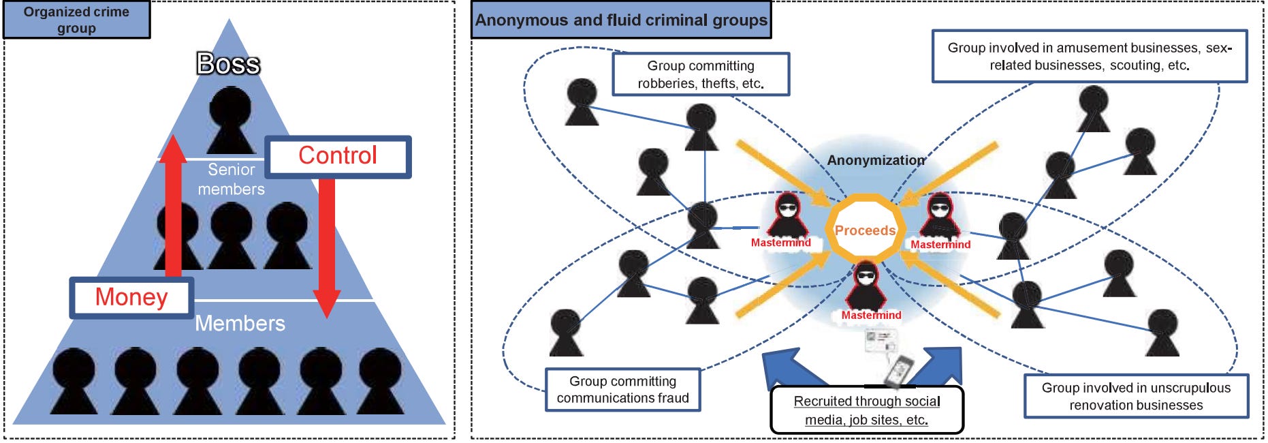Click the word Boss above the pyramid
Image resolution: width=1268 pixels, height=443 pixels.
pos(228,64)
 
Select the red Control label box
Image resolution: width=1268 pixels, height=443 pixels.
pos(338,156)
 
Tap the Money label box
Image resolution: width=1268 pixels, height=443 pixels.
pos(131,297)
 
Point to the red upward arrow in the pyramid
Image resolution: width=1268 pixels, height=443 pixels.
pos(173,204)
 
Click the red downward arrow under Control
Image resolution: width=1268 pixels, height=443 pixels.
pos(327,245)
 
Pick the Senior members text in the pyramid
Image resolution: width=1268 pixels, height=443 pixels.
pos(232,179)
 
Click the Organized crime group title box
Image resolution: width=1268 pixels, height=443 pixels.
pos(76,20)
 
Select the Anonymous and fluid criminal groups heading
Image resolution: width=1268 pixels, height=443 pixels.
pos(620,20)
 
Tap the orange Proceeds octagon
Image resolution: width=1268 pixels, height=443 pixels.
pos(865,230)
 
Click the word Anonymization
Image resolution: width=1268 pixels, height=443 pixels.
pos(876,160)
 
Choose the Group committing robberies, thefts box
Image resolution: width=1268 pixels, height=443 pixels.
pos(700,74)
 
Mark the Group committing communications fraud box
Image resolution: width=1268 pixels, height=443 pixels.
pos(622,390)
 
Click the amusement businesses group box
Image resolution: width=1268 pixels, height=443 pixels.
pos(1089,57)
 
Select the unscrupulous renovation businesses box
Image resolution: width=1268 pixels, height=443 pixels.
pos(1136,396)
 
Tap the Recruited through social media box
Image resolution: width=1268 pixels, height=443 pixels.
pos(866,410)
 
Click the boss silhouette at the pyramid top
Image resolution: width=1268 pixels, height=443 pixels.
pos(230,119)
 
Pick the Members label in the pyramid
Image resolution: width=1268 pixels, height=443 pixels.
pos(240,323)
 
